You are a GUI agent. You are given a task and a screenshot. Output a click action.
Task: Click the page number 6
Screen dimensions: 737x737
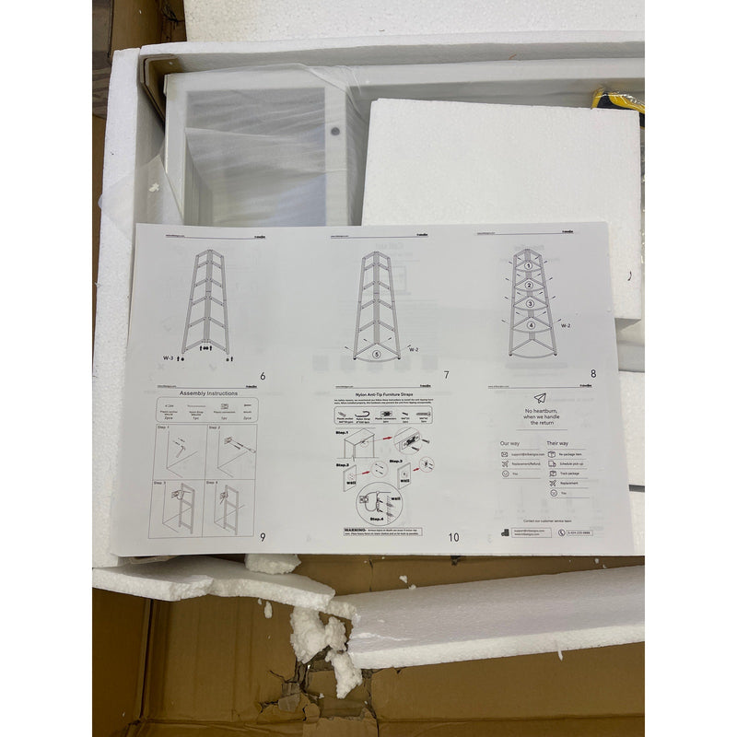click(x=263, y=376)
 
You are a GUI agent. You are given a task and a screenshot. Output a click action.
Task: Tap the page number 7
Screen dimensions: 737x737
click(x=446, y=375)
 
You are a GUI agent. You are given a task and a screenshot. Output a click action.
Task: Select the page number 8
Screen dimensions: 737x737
click(x=593, y=373)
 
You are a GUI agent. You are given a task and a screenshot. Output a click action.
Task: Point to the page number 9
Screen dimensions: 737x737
click(x=263, y=539)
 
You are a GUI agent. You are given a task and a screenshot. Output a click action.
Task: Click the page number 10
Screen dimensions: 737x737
click(x=452, y=537)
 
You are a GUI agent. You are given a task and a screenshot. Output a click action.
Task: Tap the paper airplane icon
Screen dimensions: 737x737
click(x=540, y=398)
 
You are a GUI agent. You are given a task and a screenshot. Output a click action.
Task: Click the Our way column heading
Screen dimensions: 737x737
click(x=509, y=443)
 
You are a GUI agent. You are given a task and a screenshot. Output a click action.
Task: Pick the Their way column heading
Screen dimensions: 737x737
click(x=557, y=443)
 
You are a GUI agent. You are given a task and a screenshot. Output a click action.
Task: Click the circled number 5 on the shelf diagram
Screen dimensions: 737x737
click(x=376, y=354)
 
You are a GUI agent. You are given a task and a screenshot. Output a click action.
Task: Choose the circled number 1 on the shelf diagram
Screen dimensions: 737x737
click(x=530, y=267)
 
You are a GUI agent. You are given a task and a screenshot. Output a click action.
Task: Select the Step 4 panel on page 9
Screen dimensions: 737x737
click(x=230, y=508)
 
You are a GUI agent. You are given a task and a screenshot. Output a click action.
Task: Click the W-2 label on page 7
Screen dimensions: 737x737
click(x=415, y=347)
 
